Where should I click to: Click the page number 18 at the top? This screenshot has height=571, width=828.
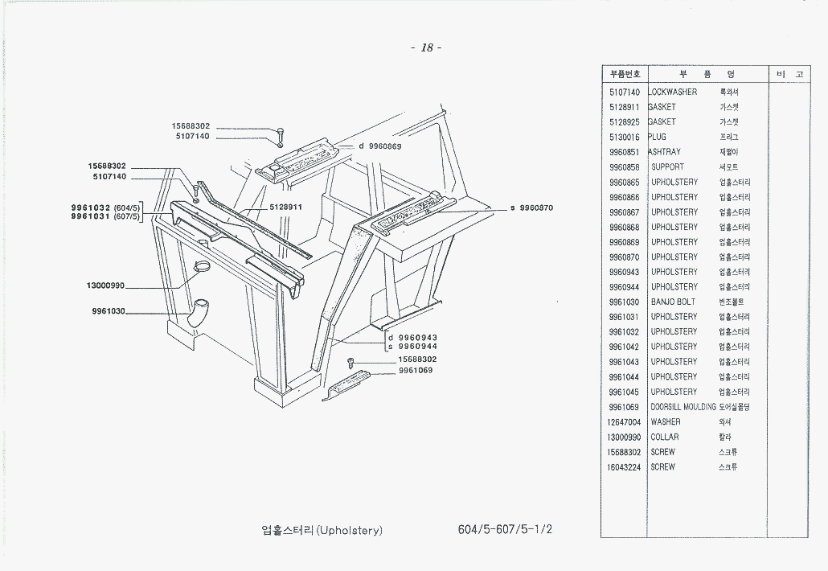[x=426, y=47]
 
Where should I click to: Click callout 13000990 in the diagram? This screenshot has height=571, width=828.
[x=105, y=285]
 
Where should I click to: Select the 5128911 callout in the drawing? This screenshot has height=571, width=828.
[x=285, y=207]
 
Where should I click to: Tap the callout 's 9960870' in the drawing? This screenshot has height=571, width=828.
[x=531, y=207]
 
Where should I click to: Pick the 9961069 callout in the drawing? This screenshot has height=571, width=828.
[x=416, y=370]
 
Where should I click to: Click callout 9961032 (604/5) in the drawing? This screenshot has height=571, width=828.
[x=105, y=207]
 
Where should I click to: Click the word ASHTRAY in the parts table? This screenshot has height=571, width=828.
[x=665, y=152]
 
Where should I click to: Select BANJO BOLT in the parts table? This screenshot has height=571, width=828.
[x=673, y=302]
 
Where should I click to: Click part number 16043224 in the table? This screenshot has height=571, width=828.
[x=625, y=466]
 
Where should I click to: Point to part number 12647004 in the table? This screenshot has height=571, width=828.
[x=625, y=421]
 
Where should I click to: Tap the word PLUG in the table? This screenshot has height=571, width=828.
[x=658, y=137]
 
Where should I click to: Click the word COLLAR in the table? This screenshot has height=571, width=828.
[x=665, y=437]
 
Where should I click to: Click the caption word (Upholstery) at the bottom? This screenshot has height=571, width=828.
[x=350, y=531]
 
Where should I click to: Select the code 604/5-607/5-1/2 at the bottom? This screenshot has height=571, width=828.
[x=505, y=530]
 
